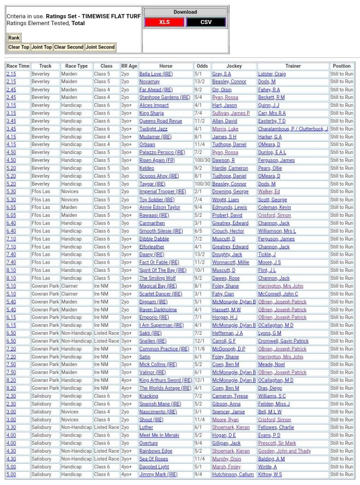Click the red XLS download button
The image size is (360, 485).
tap(164, 22)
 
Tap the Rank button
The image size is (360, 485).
tap(14, 38)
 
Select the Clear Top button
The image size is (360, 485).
tap(19, 47)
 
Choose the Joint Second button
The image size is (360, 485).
tap(100, 47)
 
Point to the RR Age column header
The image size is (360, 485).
tap(129, 66)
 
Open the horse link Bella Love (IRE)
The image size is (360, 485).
tap(156, 74)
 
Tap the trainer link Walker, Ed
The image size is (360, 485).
tap(269, 192)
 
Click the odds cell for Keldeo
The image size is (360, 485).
tap(198, 168)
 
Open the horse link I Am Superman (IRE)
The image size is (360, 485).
tap(162, 325)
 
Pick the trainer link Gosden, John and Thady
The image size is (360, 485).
tap(284, 451)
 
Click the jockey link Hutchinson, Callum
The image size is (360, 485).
tap(233, 475)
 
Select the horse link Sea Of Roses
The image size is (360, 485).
tap(153, 459)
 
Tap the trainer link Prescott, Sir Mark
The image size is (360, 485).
tap(277, 443)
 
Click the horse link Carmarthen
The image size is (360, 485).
tap(152, 223)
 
